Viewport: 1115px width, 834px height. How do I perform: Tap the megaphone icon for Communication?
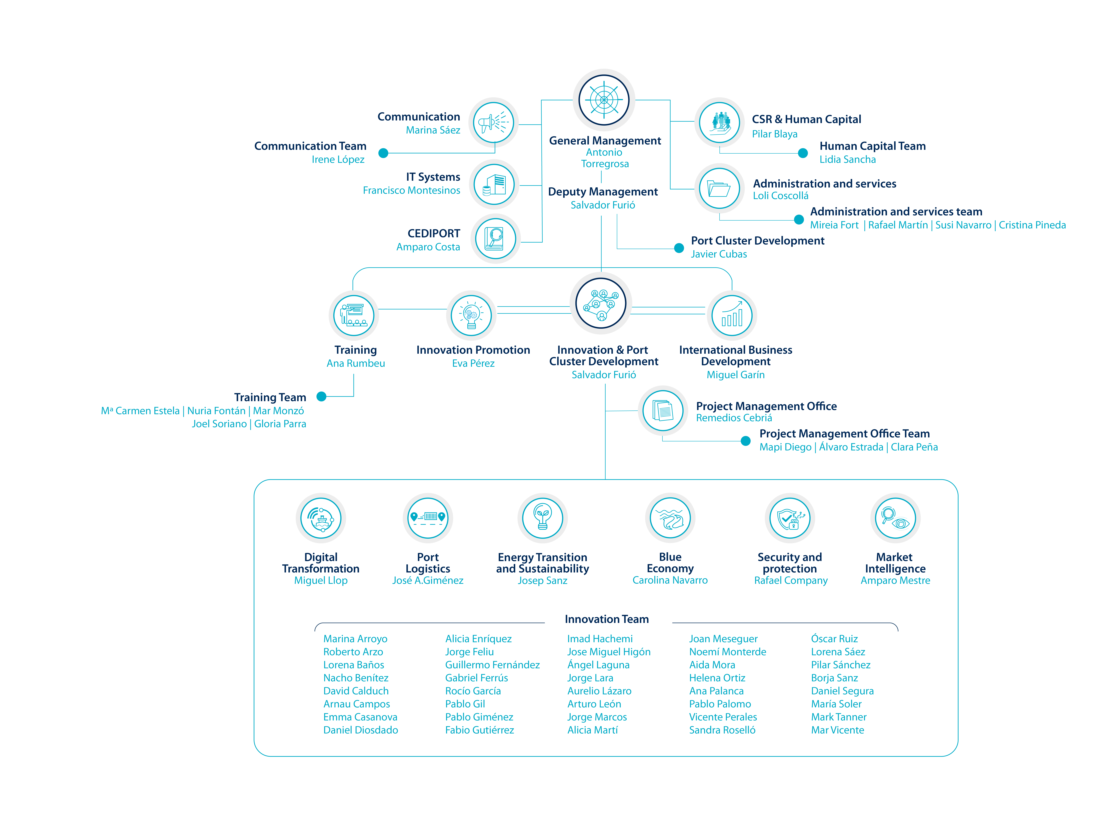(x=494, y=122)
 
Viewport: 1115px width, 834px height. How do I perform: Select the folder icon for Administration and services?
(x=719, y=189)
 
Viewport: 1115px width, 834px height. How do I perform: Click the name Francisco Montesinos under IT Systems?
(x=411, y=190)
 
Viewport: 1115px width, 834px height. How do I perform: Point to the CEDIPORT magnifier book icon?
(x=495, y=238)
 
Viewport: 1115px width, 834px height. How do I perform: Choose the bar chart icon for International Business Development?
(x=732, y=316)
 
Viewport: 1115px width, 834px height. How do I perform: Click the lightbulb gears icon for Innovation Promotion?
(x=471, y=316)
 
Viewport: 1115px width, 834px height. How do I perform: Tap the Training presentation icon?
(x=354, y=316)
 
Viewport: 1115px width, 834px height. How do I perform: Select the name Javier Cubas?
(x=719, y=254)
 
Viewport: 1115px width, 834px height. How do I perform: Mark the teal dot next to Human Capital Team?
(x=803, y=153)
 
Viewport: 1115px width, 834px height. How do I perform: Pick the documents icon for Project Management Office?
(x=663, y=411)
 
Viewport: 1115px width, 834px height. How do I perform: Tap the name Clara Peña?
(x=914, y=447)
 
